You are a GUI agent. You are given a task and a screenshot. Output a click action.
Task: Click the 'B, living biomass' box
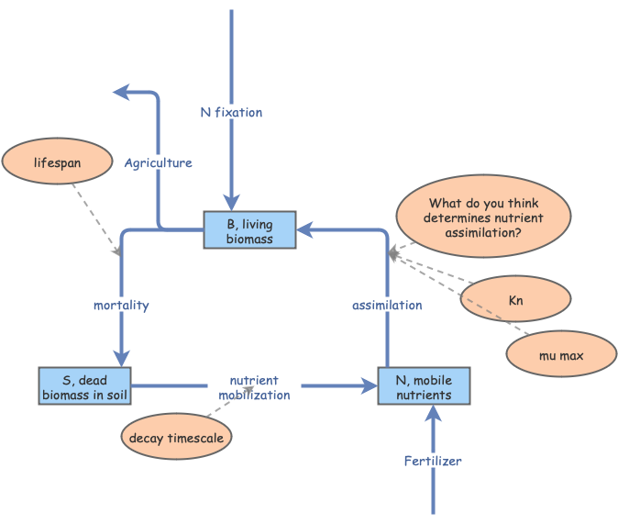(250, 229)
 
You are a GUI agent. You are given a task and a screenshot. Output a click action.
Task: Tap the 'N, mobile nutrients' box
(424, 386)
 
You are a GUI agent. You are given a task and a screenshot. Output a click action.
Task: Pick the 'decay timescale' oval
(176, 438)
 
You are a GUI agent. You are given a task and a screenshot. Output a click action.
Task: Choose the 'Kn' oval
(514, 299)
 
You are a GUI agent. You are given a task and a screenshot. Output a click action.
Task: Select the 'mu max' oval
(559, 353)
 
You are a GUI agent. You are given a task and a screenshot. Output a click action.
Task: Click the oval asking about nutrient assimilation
(483, 219)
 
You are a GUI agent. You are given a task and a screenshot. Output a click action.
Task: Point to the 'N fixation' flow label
(231, 112)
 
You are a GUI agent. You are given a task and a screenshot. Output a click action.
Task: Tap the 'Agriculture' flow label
(159, 162)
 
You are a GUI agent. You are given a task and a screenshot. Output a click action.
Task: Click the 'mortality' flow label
(121, 305)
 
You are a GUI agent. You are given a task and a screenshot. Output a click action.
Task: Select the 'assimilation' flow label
(388, 305)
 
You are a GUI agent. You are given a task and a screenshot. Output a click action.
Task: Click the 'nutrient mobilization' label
(254, 387)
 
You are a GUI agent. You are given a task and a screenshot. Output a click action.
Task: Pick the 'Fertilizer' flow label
(433, 461)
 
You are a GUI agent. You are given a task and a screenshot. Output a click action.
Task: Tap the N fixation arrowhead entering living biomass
(232, 201)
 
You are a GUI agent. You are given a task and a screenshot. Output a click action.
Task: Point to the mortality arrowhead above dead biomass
(121, 358)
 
